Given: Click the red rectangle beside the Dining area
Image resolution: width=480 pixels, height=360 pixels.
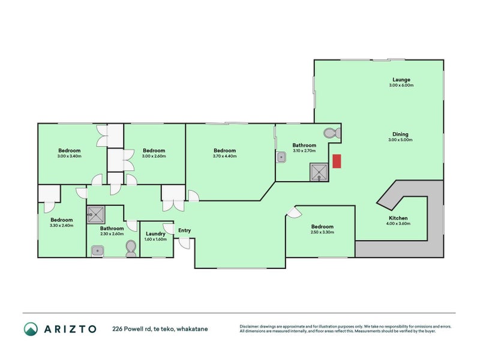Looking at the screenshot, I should tap(337, 161).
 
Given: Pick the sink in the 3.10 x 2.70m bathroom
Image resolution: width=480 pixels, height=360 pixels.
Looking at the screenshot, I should tap(281, 157).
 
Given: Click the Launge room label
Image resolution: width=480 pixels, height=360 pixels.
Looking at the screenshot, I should tap(401, 79).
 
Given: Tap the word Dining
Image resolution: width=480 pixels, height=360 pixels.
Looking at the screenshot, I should tap(401, 134).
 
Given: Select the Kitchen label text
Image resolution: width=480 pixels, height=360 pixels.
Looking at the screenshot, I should tap(398, 218).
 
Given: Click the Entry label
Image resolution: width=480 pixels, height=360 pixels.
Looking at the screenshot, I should tap(184, 230).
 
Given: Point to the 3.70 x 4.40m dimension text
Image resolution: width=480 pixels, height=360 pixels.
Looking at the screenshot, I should tap(224, 156).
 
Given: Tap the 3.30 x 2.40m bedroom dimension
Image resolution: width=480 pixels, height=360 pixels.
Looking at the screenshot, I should tap(61, 226).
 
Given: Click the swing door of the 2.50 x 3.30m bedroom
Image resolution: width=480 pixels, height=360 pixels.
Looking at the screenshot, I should tap(293, 212).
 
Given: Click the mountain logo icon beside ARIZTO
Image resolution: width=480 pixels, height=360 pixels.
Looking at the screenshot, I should tap(31, 328).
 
